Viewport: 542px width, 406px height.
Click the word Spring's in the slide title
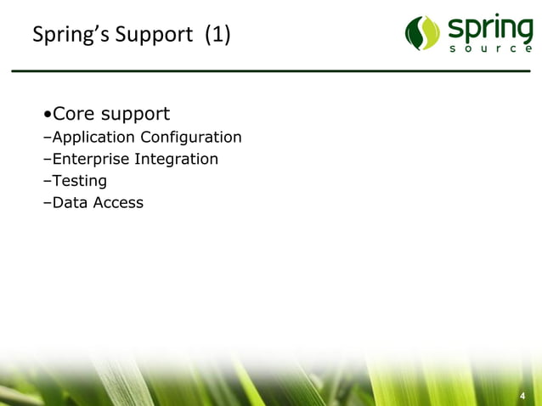(65, 37)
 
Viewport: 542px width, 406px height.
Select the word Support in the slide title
(150, 37)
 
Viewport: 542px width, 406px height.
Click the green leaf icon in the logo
(422, 34)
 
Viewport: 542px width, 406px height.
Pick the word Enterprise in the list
(91, 160)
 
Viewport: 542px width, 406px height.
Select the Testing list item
(79, 181)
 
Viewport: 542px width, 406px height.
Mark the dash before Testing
(47, 181)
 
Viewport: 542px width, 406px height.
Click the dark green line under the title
(271, 70)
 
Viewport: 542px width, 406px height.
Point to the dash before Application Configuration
(47, 138)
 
